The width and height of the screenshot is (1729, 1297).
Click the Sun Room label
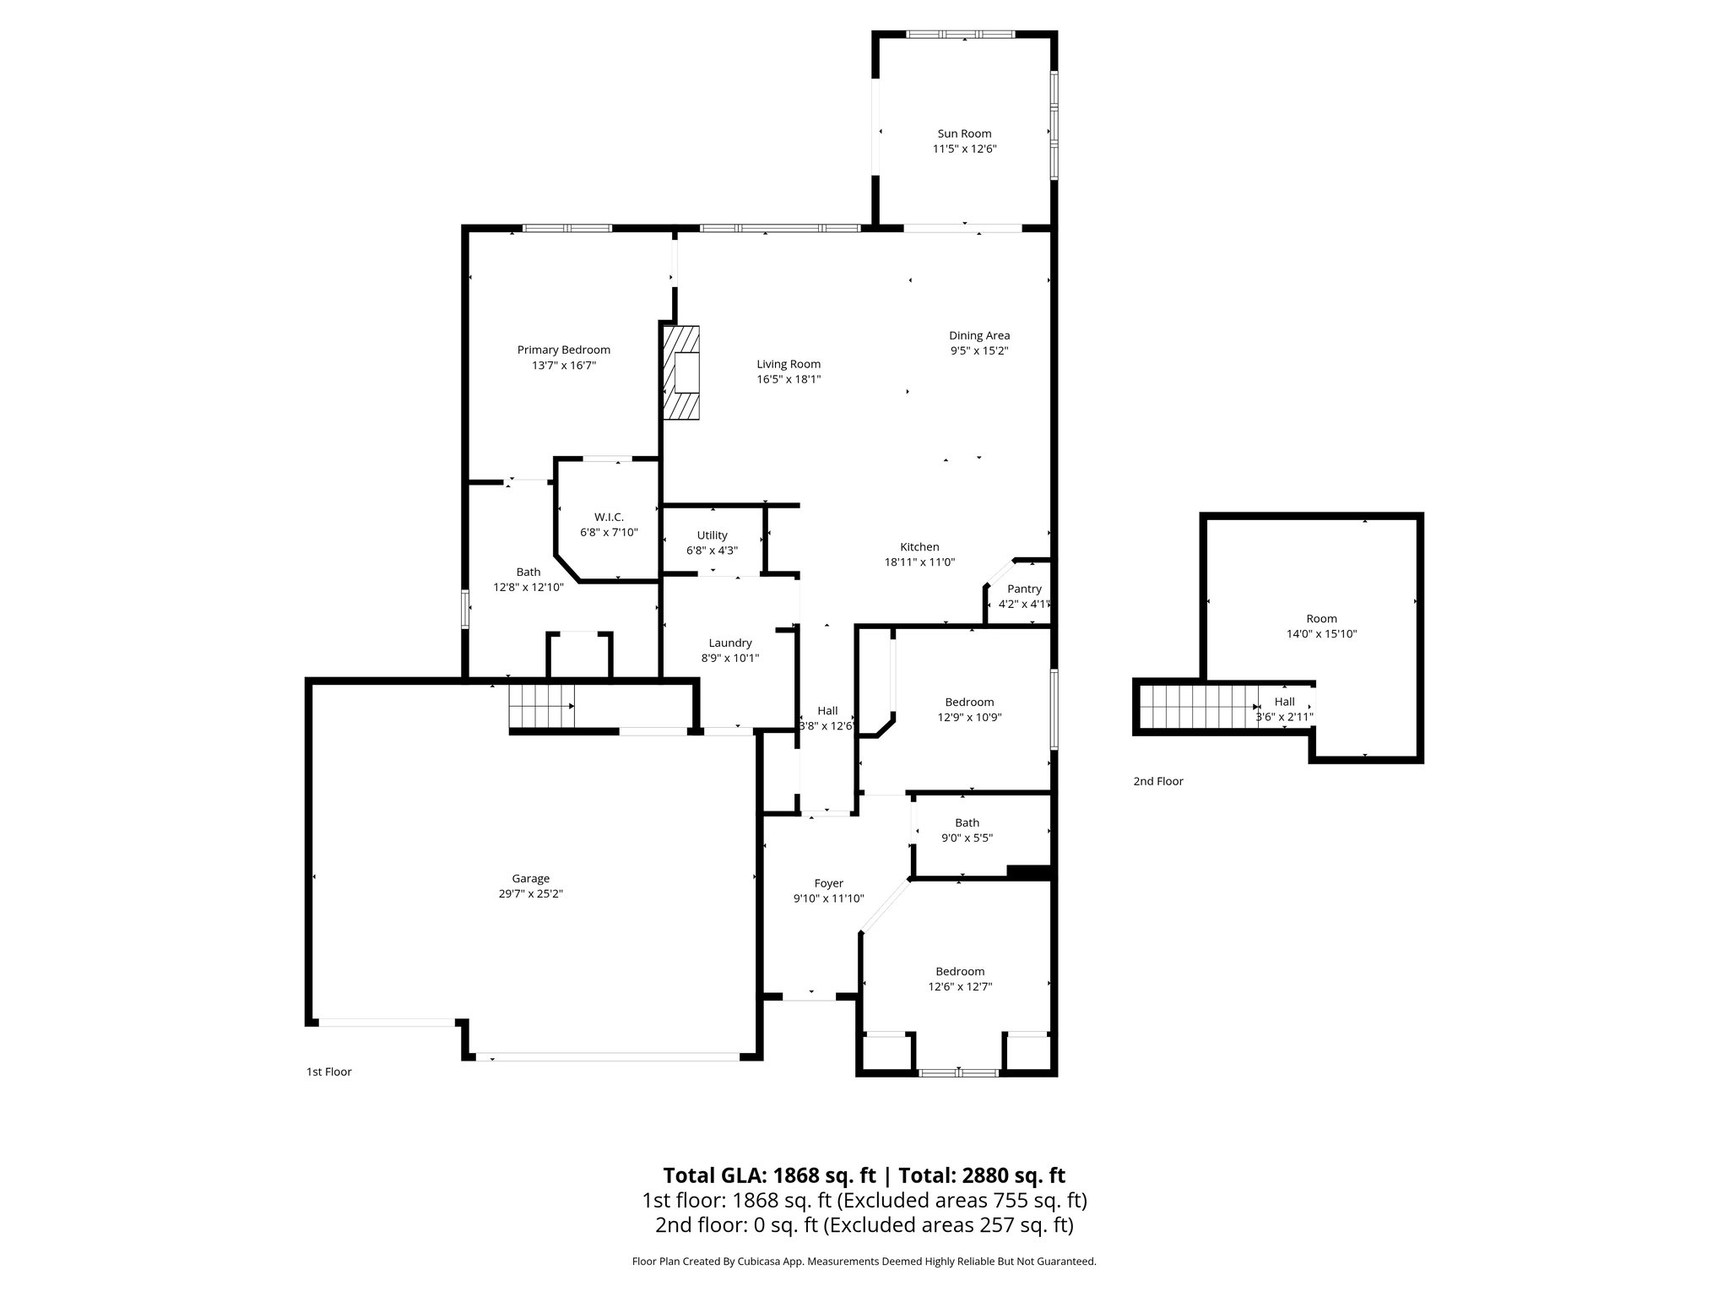pos(964,133)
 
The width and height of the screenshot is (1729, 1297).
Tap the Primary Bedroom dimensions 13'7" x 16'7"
pos(563,366)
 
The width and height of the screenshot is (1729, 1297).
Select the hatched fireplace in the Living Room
pos(681,372)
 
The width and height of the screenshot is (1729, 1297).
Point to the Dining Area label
pos(979,335)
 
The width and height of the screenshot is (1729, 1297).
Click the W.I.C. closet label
pos(609,517)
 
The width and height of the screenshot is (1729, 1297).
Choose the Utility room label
pos(712,535)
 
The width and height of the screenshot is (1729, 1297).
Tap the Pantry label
pos(1024,589)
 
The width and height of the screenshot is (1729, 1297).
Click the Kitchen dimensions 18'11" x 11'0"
pos(919,562)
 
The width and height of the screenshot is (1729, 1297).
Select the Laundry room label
pos(730,643)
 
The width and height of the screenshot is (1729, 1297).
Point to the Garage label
pos(530,878)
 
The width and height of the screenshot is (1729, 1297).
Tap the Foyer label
pos(828,883)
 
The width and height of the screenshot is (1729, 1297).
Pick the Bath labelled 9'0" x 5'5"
pos(967,822)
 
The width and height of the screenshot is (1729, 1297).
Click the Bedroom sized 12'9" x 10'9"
pos(969,702)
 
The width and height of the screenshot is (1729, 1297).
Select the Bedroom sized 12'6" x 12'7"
pos(960,971)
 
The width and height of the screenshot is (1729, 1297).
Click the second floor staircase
pos(1198,707)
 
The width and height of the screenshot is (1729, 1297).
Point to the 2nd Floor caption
pos(1158,781)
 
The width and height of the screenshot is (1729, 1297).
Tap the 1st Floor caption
pos(328,1072)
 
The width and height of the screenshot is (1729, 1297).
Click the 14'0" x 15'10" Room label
pos(1321,619)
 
